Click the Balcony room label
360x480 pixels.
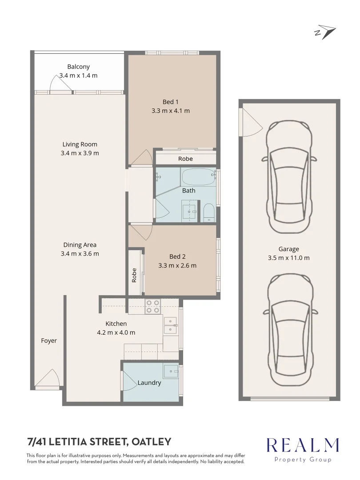pyautogui.click(x=78, y=67)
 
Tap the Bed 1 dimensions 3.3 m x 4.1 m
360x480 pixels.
pyautogui.click(x=170, y=111)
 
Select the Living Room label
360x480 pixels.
pyautogui.click(x=80, y=144)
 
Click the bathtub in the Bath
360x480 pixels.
pyautogui.click(x=198, y=177)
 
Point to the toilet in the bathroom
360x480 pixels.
pyautogui.click(x=208, y=213)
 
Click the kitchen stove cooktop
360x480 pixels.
pyautogui.click(x=153, y=307)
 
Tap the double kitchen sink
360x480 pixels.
pyautogui.click(x=170, y=325)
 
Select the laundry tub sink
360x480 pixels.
pyautogui.click(x=170, y=371)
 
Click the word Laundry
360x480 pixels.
pyautogui.click(x=149, y=383)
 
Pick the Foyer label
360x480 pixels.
pyautogui.click(x=49, y=341)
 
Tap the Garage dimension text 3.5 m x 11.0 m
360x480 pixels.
pyautogui.click(x=289, y=258)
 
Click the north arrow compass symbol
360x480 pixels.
pyautogui.click(x=326, y=32)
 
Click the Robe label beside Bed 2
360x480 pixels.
pyautogui.click(x=134, y=275)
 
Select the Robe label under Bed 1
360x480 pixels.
pyautogui.click(x=185, y=159)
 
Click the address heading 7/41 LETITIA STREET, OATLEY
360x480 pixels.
pyautogui.click(x=99, y=442)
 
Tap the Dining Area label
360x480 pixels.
pyautogui.click(x=80, y=245)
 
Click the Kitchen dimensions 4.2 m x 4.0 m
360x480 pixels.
pyautogui.click(x=116, y=332)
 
